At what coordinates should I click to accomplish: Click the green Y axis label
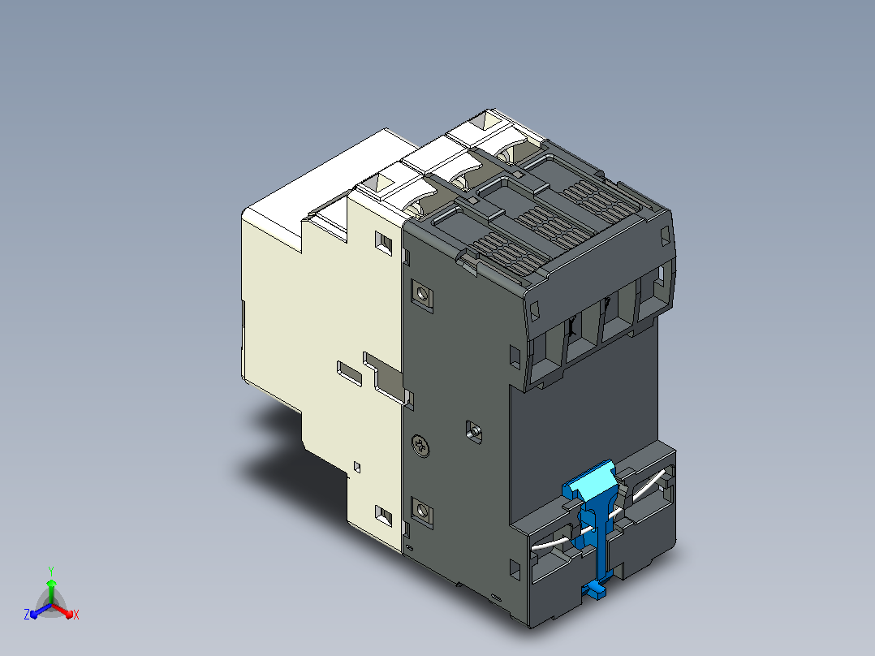(x=51, y=571)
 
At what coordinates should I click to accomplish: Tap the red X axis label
(x=76, y=615)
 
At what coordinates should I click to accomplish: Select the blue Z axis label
(x=27, y=614)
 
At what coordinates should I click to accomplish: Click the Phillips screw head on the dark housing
(x=420, y=446)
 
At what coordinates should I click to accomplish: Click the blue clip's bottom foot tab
(x=595, y=589)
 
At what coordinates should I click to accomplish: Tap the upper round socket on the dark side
(x=422, y=294)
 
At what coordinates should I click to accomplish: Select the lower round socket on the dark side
(x=422, y=511)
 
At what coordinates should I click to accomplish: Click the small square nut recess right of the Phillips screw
(x=474, y=432)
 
